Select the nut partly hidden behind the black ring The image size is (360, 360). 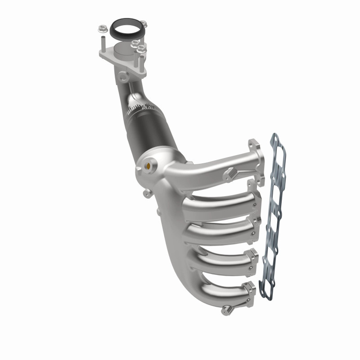click(x=143, y=24)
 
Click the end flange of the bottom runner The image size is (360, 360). click(x=248, y=292)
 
